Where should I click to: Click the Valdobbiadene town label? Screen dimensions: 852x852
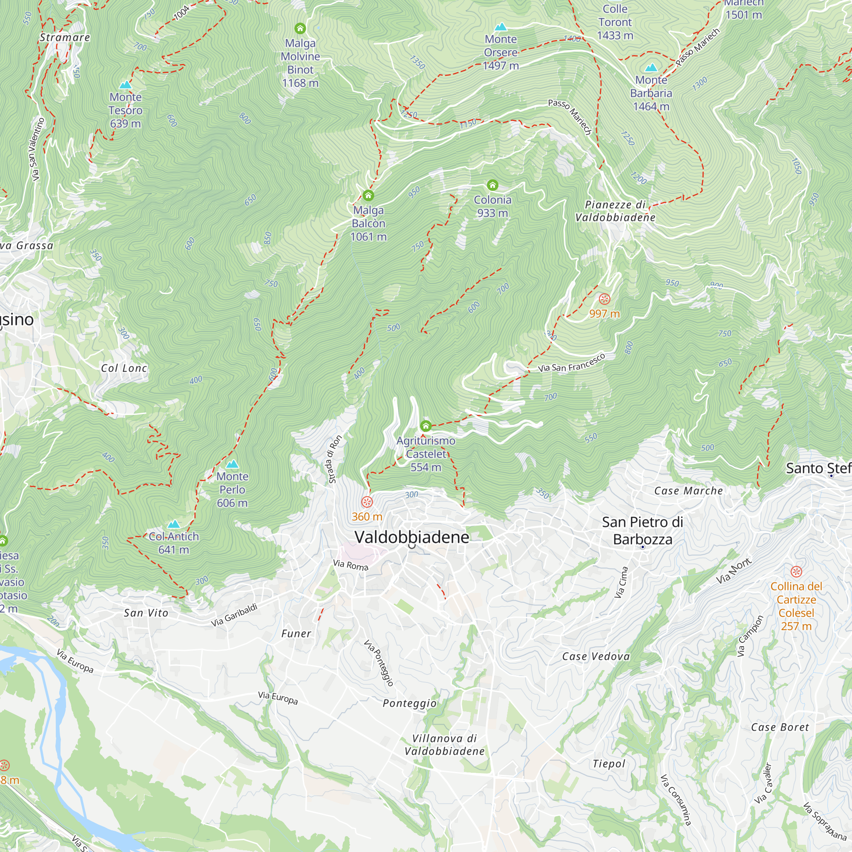pyautogui.click(x=412, y=537)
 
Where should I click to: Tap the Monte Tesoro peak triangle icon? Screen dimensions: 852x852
pyautogui.click(x=126, y=85)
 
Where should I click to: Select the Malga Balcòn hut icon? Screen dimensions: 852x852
pyautogui.click(x=368, y=196)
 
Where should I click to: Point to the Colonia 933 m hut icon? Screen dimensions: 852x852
pyautogui.click(x=492, y=185)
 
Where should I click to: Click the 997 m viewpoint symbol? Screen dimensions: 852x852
pyautogui.click(x=604, y=299)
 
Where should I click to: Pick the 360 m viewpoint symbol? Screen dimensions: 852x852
pyautogui.click(x=367, y=502)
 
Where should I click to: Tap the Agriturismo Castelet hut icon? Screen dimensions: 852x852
pyautogui.click(x=426, y=426)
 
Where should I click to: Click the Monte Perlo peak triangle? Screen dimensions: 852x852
pyautogui.click(x=233, y=464)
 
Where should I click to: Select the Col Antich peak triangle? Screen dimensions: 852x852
pyautogui.click(x=174, y=524)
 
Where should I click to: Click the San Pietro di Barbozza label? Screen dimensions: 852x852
pyautogui.click(x=642, y=530)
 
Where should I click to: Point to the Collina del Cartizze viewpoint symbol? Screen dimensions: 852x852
pyautogui.click(x=796, y=572)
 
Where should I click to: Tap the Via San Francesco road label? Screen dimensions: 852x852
pyautogui.click(x=571, y=363)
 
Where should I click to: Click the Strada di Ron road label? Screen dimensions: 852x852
pyautogui.click(x=335, y=459)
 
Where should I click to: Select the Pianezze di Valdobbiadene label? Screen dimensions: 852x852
pyautogui.click(x=615, y=211)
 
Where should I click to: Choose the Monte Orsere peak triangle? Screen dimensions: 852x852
pyautogui.click(x=501, y=27)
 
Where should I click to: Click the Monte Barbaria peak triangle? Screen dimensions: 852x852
pyautogui.click(x=651, y=68)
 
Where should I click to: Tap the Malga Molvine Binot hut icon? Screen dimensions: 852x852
pyautogui.click(x=300, y=29)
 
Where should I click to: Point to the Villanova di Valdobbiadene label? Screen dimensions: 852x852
pyautogui.click(x=444, y=744)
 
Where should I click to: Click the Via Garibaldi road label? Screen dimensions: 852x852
pyautogui.click(x=234, y=615)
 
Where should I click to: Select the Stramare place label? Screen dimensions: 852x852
pyautogui.click(x=65, y=37)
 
